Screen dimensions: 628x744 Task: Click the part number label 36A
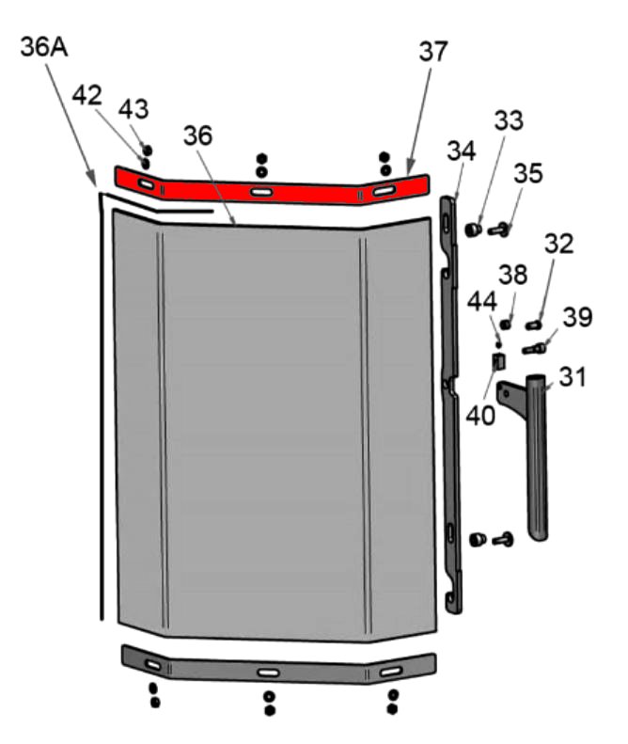click(x=44, y=48)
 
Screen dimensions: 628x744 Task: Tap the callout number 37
click(x=433, y=51)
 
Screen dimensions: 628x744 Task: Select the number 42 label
click(x=86, y=95)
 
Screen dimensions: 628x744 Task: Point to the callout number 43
click(x=133, y=109)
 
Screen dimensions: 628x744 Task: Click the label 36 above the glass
click(x=197, y=135)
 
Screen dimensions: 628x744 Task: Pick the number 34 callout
click(x=461, y=150)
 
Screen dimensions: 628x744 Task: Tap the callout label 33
click(x=509, y=120)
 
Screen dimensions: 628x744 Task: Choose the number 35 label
click(x=528, y=173)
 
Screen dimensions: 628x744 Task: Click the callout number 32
click(x=558, y=244)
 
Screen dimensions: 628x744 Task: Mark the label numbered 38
click(x=512, y=275)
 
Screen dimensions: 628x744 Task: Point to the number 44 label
click(x=482, y=302)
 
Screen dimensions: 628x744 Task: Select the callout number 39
click(x=577, y=317)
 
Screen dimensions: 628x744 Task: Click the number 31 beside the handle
click(x=573, y=377)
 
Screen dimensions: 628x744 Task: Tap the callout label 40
click(x=480, y=416)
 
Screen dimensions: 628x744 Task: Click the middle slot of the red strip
click(x=261, y=192)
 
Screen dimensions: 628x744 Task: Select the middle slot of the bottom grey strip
click(x=268, y=673)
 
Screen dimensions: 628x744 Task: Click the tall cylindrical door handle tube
click(x=537, y=457)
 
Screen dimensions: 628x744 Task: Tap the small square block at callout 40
click(x=498, y=362)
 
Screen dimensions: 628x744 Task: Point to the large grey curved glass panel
click(x=275, y=427)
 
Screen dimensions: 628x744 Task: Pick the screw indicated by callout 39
click(x=534, y=349)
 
